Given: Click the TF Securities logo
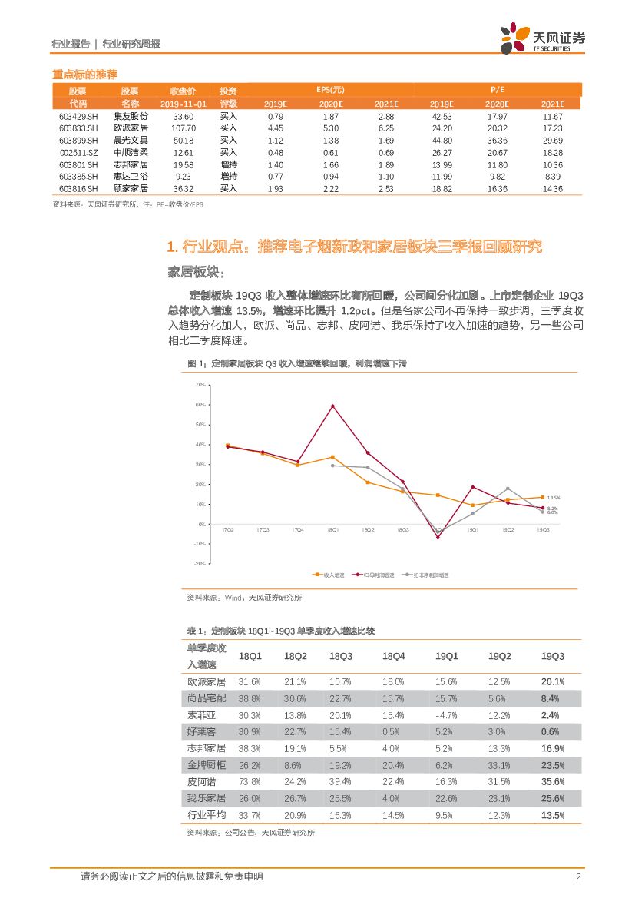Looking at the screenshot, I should pyautogui.click(x=542, y=38).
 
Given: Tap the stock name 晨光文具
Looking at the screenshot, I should pyautogui.click(x=131, y=141).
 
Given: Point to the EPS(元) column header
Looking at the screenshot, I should pyautogui.click(x=330, y=90).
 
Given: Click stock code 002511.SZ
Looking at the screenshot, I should pyautogui.click(x=78, y=153).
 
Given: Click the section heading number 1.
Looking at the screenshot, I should pyautogui.click(x=172, y=247).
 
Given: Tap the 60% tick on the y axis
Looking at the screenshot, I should pyautogui.click(x=200, y=405).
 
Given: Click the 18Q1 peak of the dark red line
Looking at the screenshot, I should pyautogui.click(x=332, y=406).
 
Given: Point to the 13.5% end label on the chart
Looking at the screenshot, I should pyautogui.click(x=553, y=498).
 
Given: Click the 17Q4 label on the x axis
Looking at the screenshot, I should pyautogui.click(x=298, y=530).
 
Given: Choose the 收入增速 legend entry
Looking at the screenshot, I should pyautogui.click(x=331, y=574).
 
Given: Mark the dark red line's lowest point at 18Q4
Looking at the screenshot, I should pyautogui.click(x=438, y=538).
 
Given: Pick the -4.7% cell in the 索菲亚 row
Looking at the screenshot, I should pyautogui.click(x=447, y=715).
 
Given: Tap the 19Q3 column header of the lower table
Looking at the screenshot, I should pyautogui.click(x=552, y=656).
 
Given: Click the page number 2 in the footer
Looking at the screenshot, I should pyautogui.click(x=577, y=877).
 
